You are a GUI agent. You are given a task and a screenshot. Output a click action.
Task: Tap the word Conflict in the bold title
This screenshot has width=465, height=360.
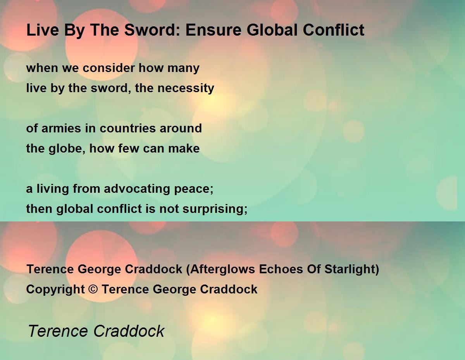334,30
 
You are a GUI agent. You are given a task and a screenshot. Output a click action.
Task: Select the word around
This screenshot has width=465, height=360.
181,129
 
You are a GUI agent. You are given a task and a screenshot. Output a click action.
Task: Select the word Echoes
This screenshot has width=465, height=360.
281,269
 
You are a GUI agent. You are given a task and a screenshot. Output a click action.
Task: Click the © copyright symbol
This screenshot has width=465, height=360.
93,289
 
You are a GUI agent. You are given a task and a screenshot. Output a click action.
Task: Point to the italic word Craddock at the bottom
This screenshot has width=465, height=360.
129,331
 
